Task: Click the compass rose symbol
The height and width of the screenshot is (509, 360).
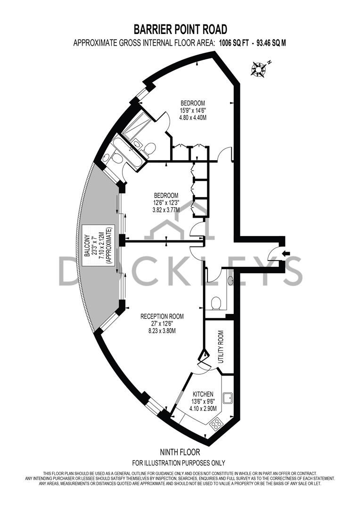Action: (259, 69)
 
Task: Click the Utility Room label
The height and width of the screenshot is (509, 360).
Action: (220, 346)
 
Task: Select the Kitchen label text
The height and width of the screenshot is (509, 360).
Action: (203, 394)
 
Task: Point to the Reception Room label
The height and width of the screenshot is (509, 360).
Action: (162, 316)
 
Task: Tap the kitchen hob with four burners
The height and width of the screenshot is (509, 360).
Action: (217, 424)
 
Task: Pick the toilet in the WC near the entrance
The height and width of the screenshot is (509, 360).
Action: (216, 302)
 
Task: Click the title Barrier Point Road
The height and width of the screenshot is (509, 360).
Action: (180, 30)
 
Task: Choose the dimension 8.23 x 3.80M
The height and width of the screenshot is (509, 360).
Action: (162, 331)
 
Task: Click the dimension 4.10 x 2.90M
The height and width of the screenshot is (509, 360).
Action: (203, 409)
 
